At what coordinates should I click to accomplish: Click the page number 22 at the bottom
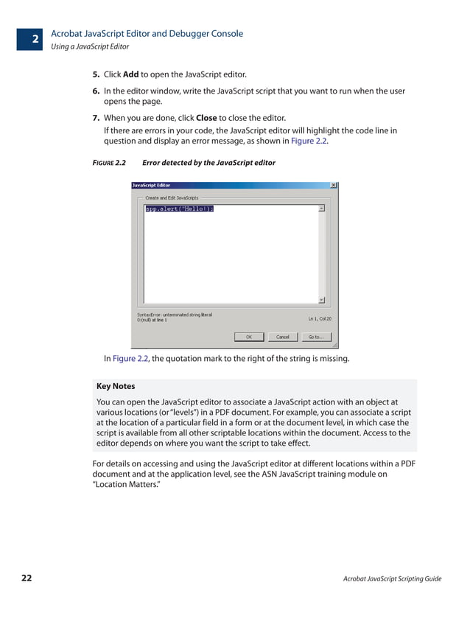27,578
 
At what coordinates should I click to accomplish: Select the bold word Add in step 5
131,74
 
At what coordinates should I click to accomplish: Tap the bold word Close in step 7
206,118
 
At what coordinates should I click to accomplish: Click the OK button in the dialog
249,337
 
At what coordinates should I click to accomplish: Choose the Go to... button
315,337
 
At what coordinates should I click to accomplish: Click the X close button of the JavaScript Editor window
334,185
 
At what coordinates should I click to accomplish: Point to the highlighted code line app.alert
179,209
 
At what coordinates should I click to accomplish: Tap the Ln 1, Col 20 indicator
320,319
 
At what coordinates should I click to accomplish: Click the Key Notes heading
116,386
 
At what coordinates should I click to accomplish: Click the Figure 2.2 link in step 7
309,141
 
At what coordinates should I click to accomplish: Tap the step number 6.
96,91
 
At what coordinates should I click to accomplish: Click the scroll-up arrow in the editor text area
321,209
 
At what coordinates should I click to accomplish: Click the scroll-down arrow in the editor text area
321,300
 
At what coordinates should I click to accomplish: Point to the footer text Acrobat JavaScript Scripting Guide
392,579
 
